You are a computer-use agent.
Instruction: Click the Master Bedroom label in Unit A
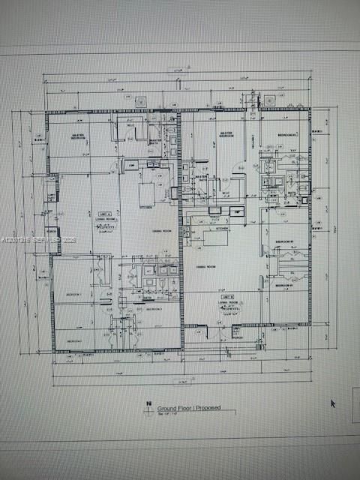pos(78,137)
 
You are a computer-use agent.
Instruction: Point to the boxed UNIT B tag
pos(228,297)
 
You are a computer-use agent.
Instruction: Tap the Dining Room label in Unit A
pos(157,231)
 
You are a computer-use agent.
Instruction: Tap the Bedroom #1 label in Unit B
pos(283,286)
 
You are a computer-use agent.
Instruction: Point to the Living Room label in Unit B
pos(227,303)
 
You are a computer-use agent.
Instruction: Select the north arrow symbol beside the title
pos(149,408)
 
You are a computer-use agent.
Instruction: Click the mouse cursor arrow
pos(333,403)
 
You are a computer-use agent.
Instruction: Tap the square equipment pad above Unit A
pos(139,101)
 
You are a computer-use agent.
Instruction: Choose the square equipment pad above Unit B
pos(268,98)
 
